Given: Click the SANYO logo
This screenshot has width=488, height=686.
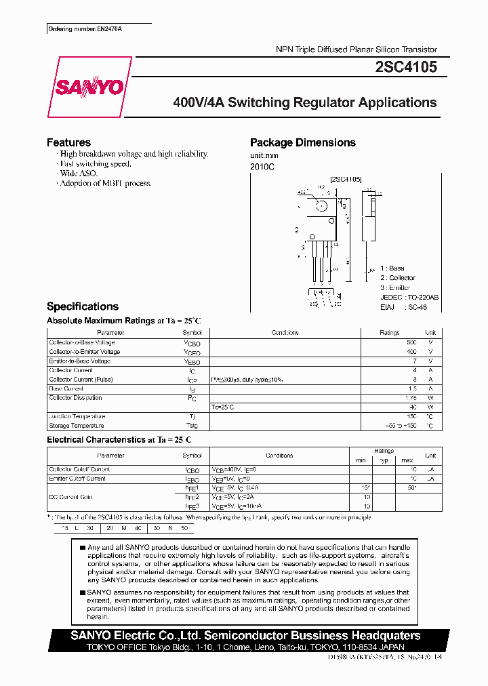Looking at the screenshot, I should [88, 87].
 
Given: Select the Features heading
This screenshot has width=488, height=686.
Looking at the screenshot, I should [68, 142].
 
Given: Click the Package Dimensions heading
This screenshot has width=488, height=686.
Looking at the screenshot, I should [302, 142].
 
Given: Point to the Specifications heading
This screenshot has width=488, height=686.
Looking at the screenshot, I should [82, 306].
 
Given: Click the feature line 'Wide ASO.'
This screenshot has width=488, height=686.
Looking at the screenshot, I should [77, 174].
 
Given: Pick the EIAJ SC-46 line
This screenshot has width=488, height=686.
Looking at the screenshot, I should [399, 306].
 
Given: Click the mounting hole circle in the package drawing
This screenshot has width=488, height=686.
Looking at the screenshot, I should [323, 205].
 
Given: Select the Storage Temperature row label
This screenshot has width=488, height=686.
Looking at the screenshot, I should [77, 426].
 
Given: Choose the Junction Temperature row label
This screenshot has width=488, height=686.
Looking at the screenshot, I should [77, 416].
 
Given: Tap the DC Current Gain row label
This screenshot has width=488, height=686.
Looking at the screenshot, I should [71, 497].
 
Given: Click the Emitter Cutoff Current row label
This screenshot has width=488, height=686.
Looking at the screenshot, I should [77, 479].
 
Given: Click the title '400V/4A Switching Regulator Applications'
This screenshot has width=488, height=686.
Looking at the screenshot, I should [305, 103].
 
